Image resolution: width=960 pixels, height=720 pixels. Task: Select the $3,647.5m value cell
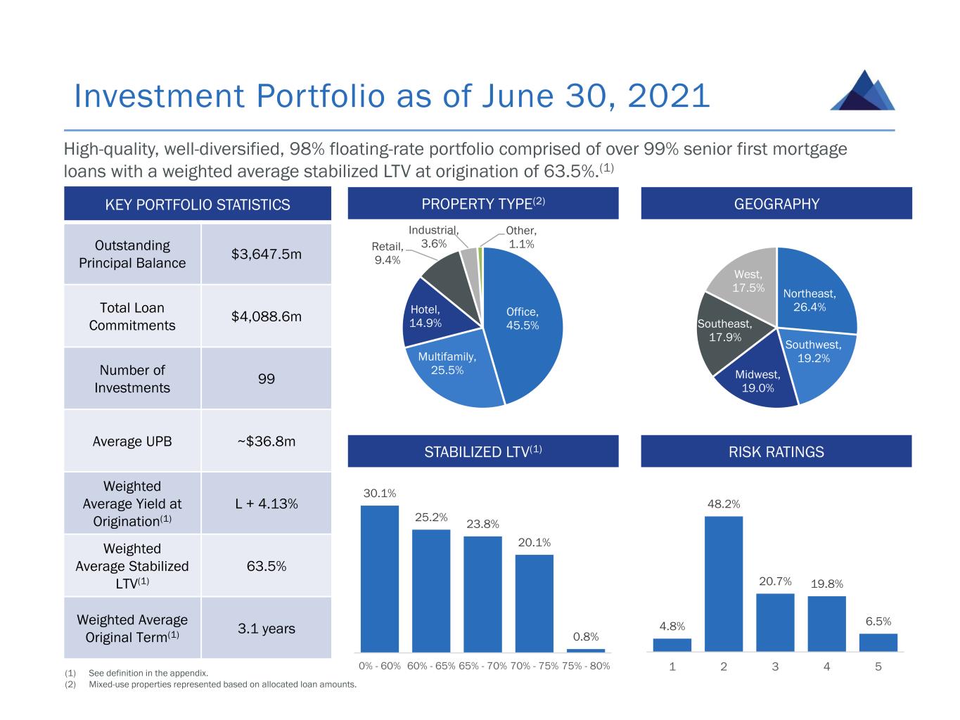click(x=266, y=254)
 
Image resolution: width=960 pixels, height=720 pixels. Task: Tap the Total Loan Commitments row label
click(x=132, y=316)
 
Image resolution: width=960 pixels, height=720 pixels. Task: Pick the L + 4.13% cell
click(x=266, y=503)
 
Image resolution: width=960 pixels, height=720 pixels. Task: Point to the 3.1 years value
click(x=266, y=629)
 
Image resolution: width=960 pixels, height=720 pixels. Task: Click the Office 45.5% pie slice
click(x=527, y=330)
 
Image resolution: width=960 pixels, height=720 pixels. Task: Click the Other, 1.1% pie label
click(x=521, y=238)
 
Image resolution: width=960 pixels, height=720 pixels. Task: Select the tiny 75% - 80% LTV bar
click(x=586, y=650)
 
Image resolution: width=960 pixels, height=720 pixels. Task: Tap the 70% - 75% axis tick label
click(x=535, y=666)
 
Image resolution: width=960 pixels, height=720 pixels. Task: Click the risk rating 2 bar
click(x=724, y=584)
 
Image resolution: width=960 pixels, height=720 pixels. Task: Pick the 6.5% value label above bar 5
click(x=878, y=622)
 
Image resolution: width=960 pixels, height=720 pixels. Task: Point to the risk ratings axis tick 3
click(x=775, y=667)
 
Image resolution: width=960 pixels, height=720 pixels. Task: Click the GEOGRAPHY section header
click(x=776, y=204)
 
